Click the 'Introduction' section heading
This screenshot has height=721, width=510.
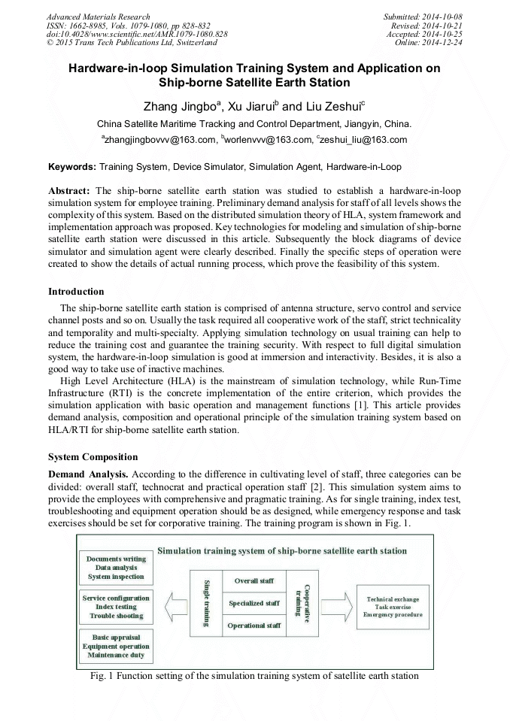pyautogui.click(x=76, y=291)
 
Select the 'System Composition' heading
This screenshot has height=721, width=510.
pyautogui.click(x=93, y=456)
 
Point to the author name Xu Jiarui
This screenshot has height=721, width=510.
pyautogui.click(x=236, y=107)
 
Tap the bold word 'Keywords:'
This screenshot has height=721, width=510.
pyautogui.click(x=72, y=165)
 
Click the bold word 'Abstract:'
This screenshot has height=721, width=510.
pyautogui.click(x=69, y=191)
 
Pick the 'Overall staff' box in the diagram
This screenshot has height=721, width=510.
pyautogui.click(x=253, y=581)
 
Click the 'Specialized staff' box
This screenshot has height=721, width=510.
pyautogui.click(x=253, y=603)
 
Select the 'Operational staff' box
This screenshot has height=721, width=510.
pyautogui.click(x=253, y=625)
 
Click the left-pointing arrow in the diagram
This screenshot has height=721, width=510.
pyautogui.click(x=174, y=603)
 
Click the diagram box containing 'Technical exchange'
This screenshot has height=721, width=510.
pyautogui.click(x=393, y=607)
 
